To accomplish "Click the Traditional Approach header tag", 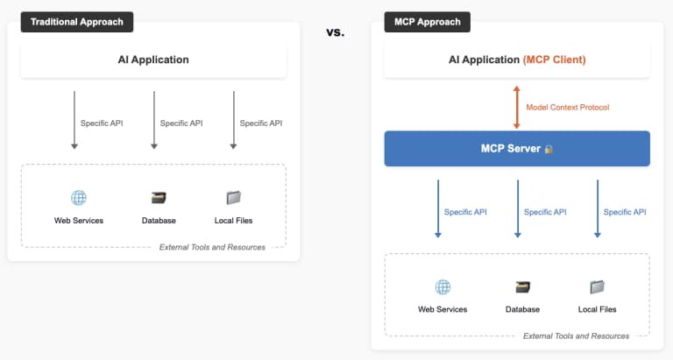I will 77,21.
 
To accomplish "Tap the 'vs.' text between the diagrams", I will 335,32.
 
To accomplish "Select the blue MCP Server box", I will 517,149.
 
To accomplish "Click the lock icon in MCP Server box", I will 549,150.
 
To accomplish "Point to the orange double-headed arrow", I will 517,107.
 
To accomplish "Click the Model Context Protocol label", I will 567,108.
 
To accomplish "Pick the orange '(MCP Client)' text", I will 554,60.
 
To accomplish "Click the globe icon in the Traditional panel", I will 79,198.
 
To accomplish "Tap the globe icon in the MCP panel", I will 443,286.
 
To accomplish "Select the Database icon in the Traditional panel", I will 159,198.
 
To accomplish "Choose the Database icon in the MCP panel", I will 522,286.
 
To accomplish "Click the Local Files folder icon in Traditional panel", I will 233,198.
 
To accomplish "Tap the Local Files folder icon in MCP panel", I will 597,286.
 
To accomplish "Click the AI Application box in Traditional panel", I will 153,60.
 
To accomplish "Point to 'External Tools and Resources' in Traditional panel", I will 212,247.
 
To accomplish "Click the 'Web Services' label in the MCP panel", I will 443,309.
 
